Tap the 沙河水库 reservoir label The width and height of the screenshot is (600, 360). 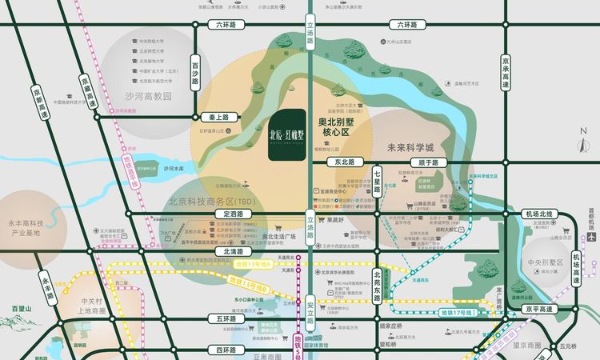[174, 170]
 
